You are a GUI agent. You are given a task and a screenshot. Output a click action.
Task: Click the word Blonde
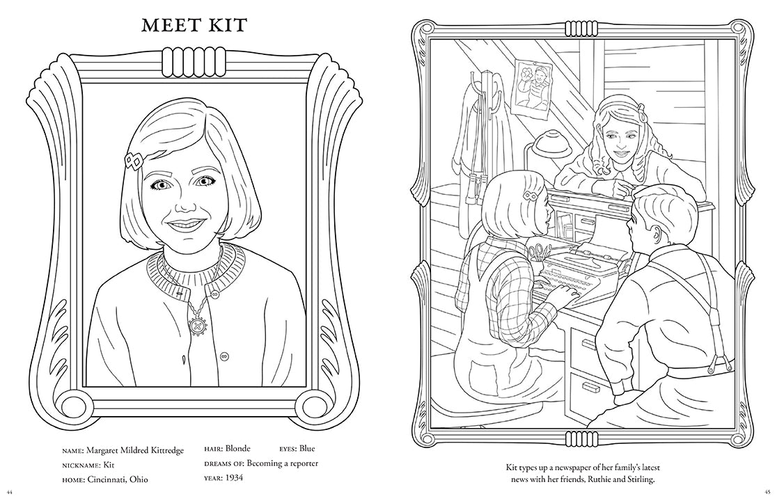pos(237,449)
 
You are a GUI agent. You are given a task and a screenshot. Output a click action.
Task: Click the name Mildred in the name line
pos(141,450)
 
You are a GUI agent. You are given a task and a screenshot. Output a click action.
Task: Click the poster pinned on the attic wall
pos(532,86)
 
